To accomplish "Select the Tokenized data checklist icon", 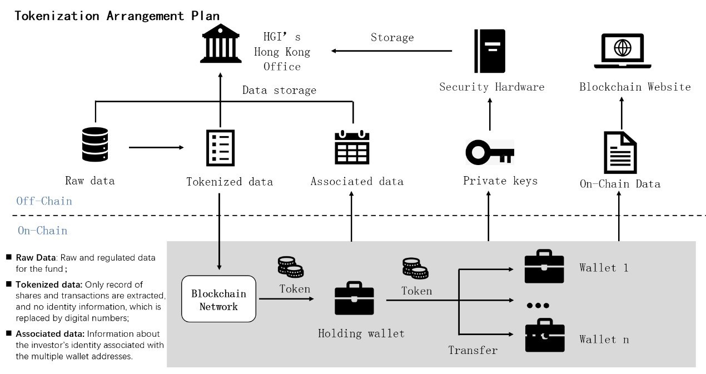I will [x=220, y=147].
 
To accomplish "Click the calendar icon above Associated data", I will [x=352, y=147].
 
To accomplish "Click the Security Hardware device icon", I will [x=489, y=51].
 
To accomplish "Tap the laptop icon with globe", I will [x=622, y=51].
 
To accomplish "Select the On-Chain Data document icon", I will [x=620, y=152].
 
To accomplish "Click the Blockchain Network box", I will [x=219, y=299].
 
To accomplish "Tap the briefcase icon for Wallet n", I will [x=544, y=336].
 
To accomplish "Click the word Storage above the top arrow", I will [x=392, y=38].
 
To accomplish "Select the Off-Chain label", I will [x=44, y=201].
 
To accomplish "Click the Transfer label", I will [x=473, y=350].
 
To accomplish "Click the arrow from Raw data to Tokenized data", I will [x=156, y=147].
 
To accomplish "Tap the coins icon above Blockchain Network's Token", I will [x=290, y=267].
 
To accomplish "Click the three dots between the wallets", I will [x=538, y=306].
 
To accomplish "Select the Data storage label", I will [x=279, y=90].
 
